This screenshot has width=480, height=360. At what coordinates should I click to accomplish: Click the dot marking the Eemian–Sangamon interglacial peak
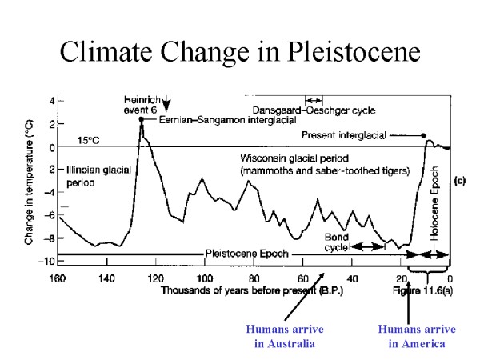tap(141, 119)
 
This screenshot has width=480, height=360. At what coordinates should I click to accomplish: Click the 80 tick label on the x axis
tap(252, 278)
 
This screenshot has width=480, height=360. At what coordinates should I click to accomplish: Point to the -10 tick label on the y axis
tap(47, 262)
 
